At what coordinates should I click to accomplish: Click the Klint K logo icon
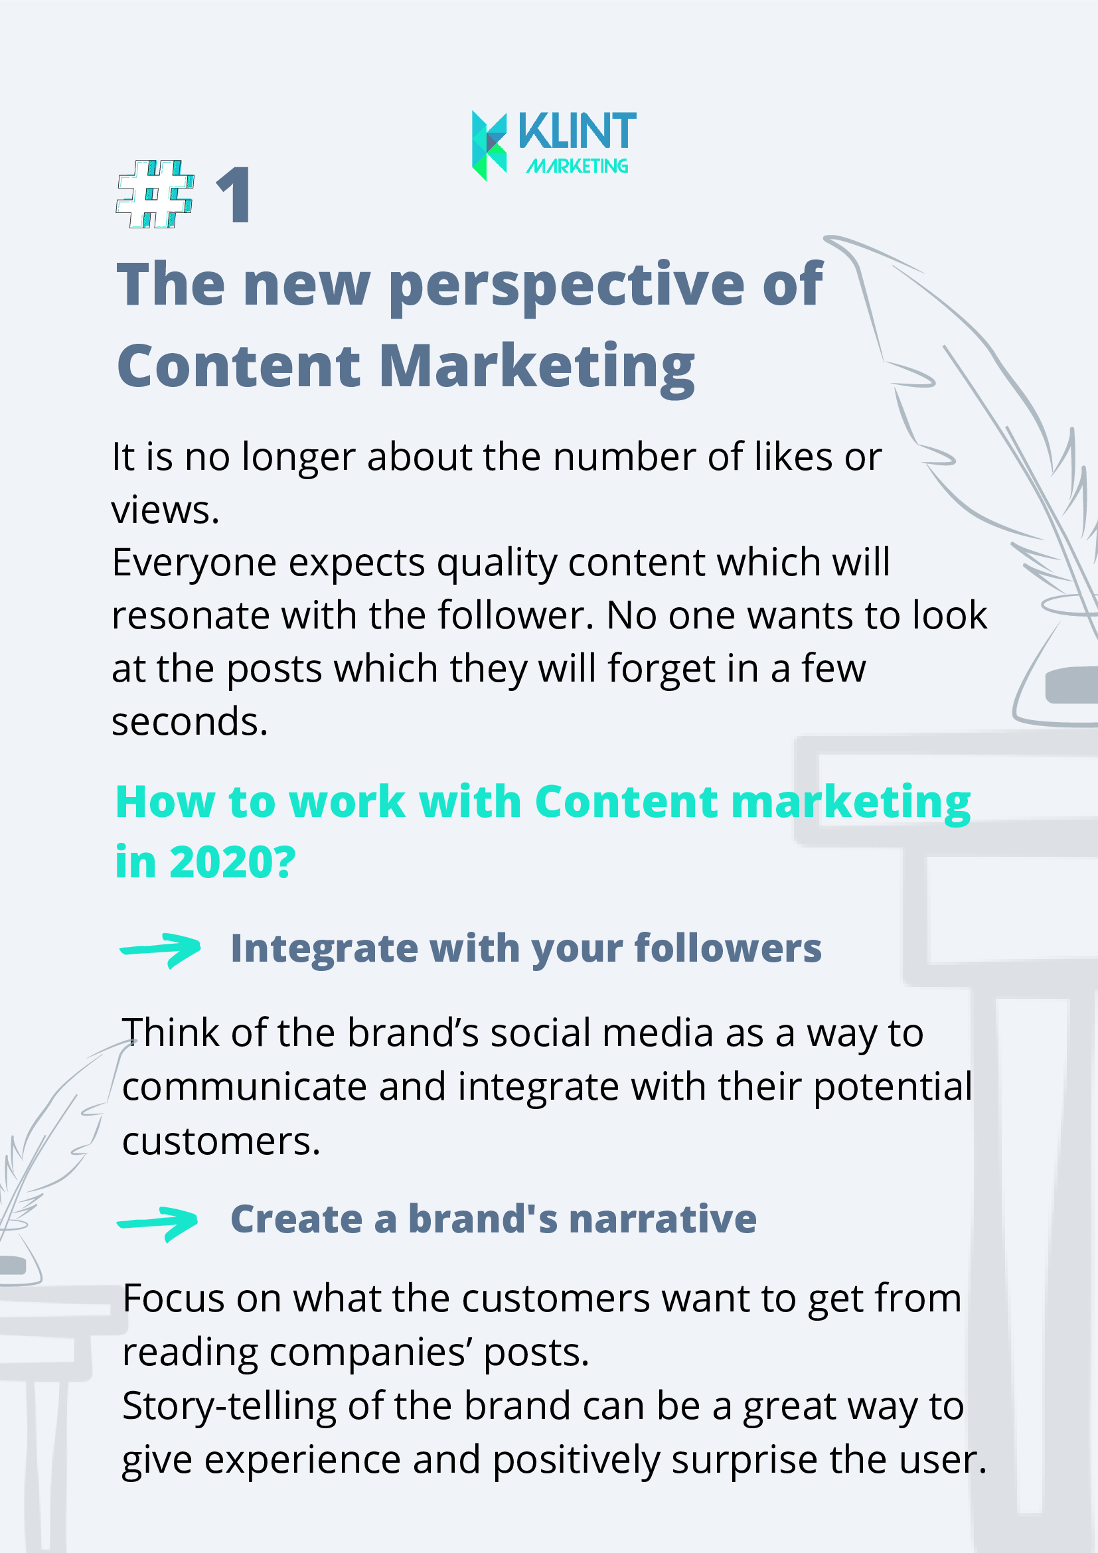[x=489, y=145]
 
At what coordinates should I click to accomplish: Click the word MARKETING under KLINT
[x=577, y=166]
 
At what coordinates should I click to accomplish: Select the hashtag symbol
[x=155, y=194]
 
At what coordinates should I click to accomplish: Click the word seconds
[x=189, y=721]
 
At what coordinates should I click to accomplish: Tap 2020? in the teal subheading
[x=233, y=861]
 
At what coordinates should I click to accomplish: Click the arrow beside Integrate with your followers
[x=161, y=950]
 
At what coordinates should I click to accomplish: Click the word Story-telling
[x=228, y=1406]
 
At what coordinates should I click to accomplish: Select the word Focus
[x=174, y=1299]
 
